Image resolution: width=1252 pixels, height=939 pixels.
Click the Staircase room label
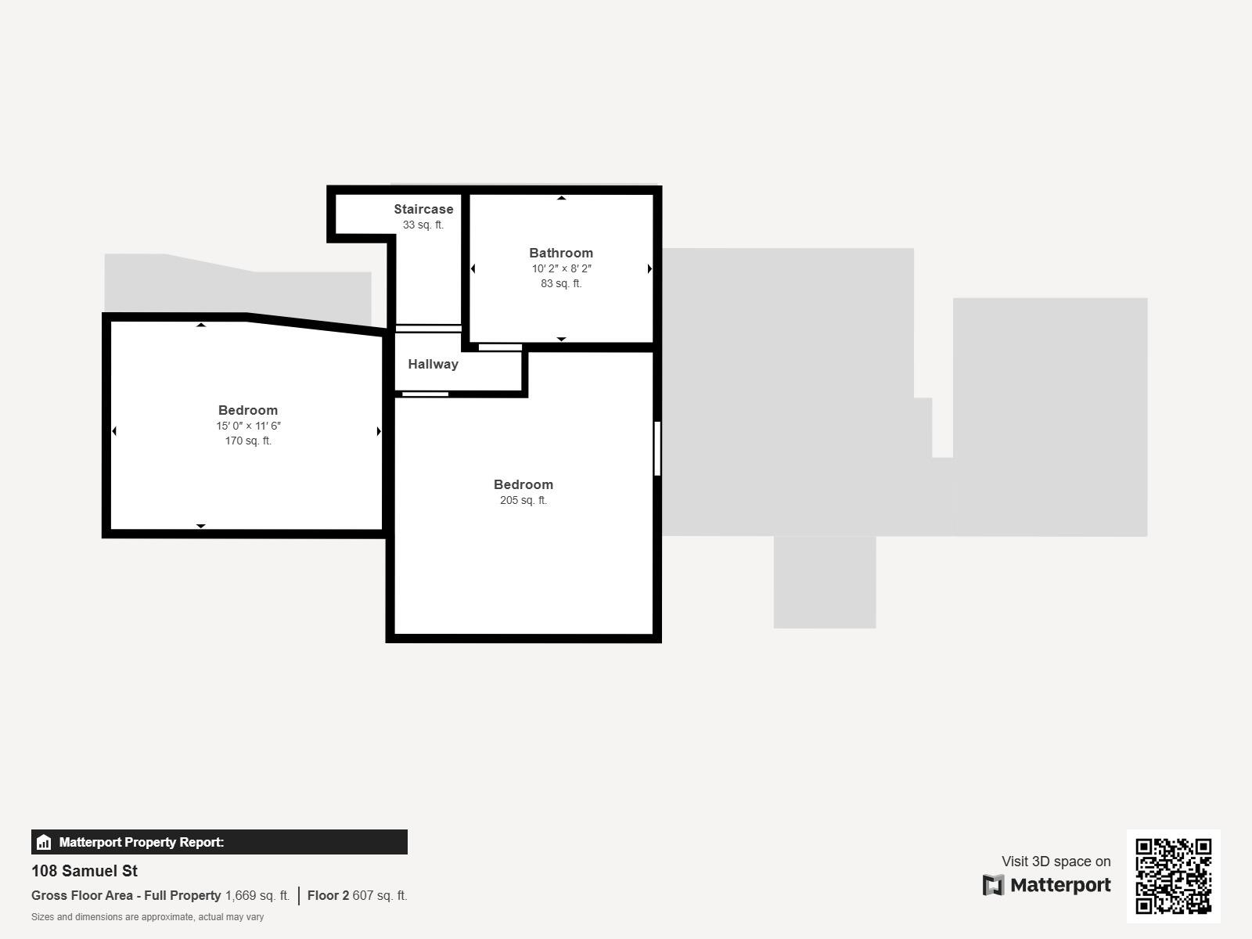(423, 209)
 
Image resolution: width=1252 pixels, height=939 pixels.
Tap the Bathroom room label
(561, 253)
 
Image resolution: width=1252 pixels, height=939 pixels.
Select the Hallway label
(433, 365)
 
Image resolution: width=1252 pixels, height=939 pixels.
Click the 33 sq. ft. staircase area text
(423, 225)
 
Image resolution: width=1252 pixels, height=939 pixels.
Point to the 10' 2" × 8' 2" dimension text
(561, 268)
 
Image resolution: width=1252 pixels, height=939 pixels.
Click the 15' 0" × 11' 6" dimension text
(248, 426)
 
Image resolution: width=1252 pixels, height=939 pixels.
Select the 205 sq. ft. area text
(523, 500)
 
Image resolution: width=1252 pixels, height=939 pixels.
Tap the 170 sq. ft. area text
(248, 441)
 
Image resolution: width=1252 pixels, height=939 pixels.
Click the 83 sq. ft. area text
(561, 283)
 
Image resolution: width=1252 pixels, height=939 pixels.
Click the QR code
(1173, 876)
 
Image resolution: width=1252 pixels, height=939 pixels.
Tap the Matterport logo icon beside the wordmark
(993, 885)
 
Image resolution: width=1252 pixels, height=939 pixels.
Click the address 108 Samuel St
(85, 871)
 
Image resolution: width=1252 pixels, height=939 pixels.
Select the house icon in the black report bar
(44, 842)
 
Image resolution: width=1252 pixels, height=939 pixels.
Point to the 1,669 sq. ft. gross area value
(257, 895)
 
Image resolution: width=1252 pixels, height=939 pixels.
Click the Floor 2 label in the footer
(328, 895)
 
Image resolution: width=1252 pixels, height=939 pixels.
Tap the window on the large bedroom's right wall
(657, 448)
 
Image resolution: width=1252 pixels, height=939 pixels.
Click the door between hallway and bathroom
(500, 347)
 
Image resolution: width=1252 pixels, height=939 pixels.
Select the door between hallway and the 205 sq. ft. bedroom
(426, 394)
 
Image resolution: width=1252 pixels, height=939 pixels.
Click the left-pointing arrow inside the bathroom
(473, 268)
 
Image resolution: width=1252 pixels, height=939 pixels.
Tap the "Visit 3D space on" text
(1056, 862)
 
